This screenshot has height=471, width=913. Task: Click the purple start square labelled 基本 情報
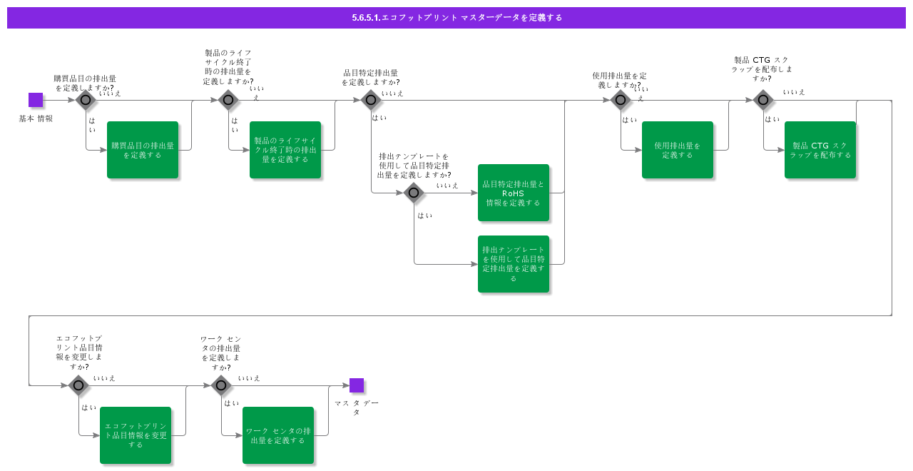[36, 100]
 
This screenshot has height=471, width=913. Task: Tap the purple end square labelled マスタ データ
[357, 385]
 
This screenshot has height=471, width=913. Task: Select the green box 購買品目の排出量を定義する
[143, 150]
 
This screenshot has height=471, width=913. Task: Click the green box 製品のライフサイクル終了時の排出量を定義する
[285, 150]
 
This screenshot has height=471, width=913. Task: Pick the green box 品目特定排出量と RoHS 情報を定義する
[514, 193]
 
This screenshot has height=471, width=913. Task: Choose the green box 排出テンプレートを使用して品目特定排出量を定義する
[514, 264]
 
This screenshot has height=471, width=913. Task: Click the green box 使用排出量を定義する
[678, 150]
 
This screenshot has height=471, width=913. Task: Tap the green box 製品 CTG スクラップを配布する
[820, 150]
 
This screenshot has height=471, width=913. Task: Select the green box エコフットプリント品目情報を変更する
[136, 435]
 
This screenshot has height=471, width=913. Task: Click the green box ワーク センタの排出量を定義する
[278, 435]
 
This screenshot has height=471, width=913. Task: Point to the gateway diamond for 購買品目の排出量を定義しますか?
[86, 100]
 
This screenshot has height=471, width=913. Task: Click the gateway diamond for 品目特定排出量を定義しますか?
[371, 100]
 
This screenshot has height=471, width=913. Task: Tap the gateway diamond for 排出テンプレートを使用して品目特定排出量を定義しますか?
[414, 193]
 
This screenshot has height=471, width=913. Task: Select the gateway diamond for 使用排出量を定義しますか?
[621, 100]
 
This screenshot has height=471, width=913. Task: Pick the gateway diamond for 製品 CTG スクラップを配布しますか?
[763, 100]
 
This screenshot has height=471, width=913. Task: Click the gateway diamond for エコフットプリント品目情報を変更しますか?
[78, 385]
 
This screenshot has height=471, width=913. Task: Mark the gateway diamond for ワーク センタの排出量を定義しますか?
[221, 385]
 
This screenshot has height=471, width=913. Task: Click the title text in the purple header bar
[456, 18]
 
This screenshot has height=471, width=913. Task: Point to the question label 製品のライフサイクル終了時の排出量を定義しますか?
[228, 67]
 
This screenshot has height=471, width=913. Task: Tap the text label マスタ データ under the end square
[357, 407]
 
